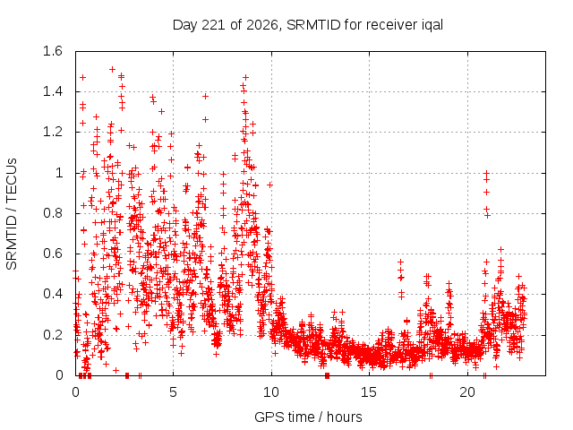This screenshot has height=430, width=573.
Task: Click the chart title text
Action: click(x=308, y=25)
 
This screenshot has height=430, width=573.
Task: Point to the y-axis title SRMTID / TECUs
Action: click(x=12, y=214)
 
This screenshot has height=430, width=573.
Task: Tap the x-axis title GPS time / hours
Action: click(x=308, y=417)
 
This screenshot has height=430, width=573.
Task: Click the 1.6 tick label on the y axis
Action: click(x=53, y=51)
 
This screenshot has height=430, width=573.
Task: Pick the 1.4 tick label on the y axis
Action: click(x=53, y=91)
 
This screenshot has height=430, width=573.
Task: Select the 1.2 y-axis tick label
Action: click(x=53, y=132)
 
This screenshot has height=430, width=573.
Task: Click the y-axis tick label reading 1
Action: click(x=59, y=173)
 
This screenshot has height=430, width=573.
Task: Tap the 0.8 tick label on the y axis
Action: click(x=53, y=213)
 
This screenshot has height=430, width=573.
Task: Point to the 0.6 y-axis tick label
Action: click(x=53, y=254)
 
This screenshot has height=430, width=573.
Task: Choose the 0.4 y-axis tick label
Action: click(x=53, y=294)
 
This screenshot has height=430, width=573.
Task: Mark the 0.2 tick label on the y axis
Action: click(x=53, y=334)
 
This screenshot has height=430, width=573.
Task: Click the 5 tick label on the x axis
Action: click(x=173, y=392)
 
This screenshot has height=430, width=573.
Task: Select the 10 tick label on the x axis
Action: click(x=271, y=392)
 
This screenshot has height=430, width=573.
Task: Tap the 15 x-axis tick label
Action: click(x=369, y=392)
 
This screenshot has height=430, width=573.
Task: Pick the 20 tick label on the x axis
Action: click(x=467, y=392)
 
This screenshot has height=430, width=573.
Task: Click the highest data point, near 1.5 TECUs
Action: click(x=113, y=70)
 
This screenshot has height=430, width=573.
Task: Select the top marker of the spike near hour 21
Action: click(x=486, y=173)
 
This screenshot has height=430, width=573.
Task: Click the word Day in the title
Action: click(x=185, y=26)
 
